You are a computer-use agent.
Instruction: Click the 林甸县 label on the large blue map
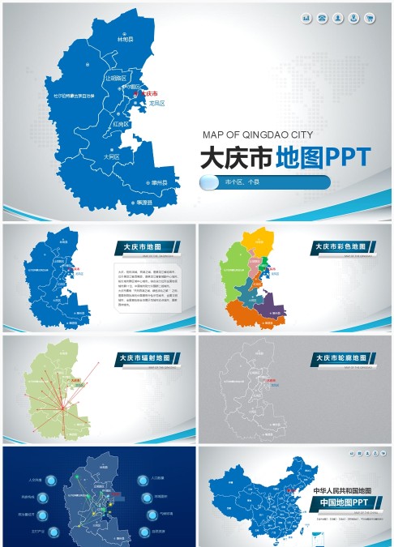pos(124,38)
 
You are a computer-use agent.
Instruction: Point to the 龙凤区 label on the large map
pos(156,104)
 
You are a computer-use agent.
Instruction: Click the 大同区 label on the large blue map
pos(111,156)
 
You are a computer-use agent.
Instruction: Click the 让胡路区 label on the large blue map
pos(114,79)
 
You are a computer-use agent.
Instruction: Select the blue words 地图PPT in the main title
pos(323,156)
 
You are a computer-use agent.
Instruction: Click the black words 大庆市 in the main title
pos(236,156)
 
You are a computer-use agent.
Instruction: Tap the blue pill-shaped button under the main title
pos(264,183)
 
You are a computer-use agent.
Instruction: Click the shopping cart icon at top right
pos(370,18)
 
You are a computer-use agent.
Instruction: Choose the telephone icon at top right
pos(323,18)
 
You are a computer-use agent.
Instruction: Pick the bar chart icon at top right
pos(306,18)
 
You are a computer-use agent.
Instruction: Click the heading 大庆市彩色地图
pos(340,246)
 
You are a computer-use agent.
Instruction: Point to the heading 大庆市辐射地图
pos(144,357)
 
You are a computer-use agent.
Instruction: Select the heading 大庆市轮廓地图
pos(340,357)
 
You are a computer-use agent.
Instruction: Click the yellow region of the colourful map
pos(258,240)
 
